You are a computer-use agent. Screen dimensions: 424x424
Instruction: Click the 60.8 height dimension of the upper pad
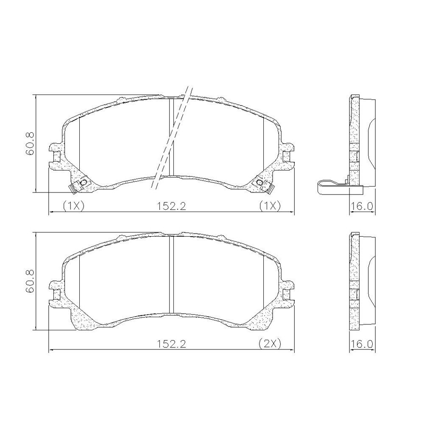pyautogui.click(x=30, y=143)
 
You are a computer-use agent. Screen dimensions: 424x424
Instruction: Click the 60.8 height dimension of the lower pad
pyautogui.click(x=30, y=281)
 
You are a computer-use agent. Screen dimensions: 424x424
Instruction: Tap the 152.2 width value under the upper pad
pyautogui.click(x=171, y=206)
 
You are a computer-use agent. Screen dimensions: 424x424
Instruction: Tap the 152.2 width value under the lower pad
pyautogui.click(x=171, y=344)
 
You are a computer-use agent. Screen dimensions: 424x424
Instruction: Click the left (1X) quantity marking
pyautogui.click(x=73, y=206)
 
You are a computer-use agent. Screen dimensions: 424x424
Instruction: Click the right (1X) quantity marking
pyautogui.click(x=270, y=206)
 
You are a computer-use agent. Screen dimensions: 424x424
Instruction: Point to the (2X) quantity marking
pyautogui.click(x=270, y=344)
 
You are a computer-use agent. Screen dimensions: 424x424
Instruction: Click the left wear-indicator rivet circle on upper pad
pyautogui.click(x=84, y=183)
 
